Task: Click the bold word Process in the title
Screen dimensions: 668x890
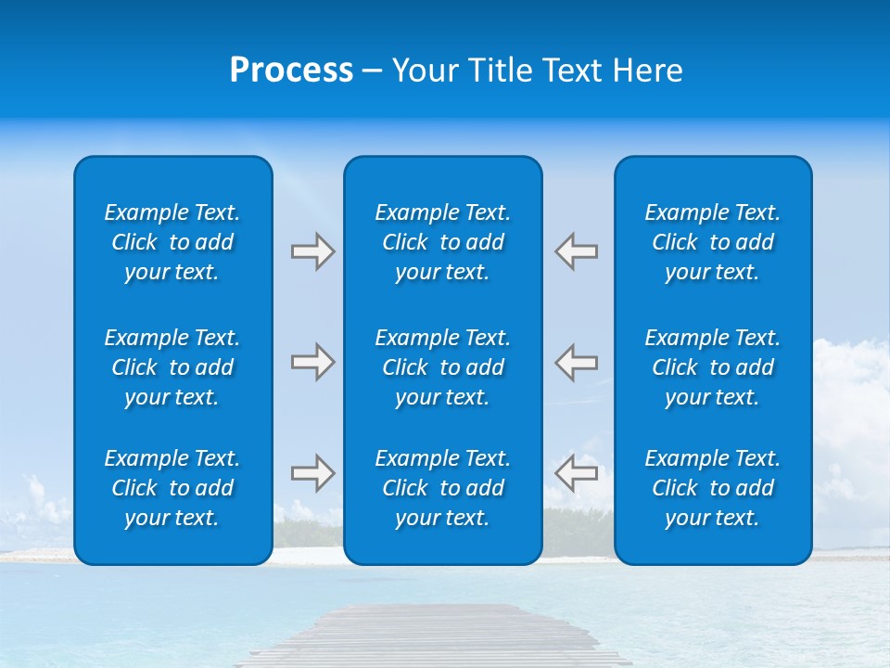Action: (x=291, y=71)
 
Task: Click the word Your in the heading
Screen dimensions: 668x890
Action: (x=425, y=71)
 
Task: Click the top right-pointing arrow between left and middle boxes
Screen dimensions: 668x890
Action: (x=312, y=251)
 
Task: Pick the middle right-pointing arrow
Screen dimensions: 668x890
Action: (x=312, y=362)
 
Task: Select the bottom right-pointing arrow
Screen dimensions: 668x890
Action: (x=312, y=473)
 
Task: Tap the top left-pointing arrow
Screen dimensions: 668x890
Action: (x=576, y=251)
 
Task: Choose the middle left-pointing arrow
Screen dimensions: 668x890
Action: (x=576, y=362)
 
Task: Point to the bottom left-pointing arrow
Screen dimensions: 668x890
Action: (x=576, y=473)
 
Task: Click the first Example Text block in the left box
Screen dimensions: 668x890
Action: (x=172, y=242)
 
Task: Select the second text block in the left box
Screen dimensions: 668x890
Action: (x=172, y=367)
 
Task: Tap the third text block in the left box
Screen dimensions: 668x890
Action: (x=172, y=488)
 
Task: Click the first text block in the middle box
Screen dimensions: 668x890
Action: (x=443, y=242)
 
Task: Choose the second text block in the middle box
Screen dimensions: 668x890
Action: (x=443, y=367)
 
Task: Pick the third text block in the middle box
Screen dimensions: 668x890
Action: (x=443, y=488)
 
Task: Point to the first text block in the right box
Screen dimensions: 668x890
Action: (x=713, y=242)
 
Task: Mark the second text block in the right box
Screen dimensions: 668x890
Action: (x=713, y=367)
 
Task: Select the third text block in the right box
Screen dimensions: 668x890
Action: (x=713, y=488)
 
